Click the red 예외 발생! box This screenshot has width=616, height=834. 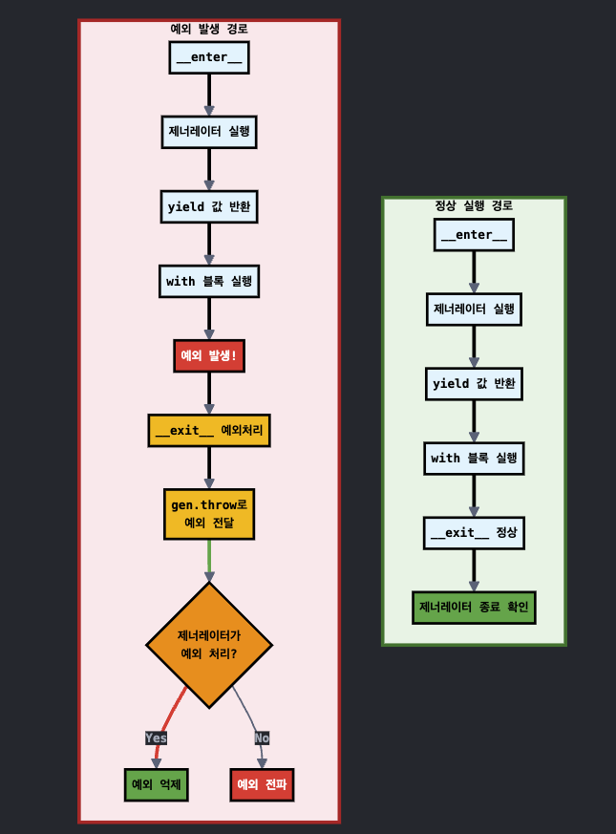click(x=208, y=355)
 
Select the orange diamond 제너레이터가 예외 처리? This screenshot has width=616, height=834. click(x=208, y=645)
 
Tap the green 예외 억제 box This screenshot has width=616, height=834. click(x=157, y=784)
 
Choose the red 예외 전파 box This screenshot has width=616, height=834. click(x=262, y=784)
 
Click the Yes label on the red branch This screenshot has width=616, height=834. click(x=156, y=738)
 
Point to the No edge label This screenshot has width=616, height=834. click(x=262, y=738)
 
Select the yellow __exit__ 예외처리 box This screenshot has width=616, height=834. click(x=208, y=430)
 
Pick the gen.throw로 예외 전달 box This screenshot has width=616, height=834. click(x=208, y=513)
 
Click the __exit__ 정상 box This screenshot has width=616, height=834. click(x=474, y=532)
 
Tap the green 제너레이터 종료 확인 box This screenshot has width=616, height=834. click(x=474, y=607)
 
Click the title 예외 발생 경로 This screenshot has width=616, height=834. click(x=208, y=29)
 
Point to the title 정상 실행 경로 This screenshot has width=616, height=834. click(x=474, y=205)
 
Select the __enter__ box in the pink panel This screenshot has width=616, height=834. click(x=208, y=57)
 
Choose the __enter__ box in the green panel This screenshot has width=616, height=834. click(x=474, y=235)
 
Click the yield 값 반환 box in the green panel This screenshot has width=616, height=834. click(x=474, y=383)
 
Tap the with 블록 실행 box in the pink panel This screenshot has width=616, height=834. click(x=208, y=281)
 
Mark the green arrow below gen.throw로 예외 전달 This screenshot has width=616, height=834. click(x=209, y=560)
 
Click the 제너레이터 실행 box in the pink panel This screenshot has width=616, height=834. click(x=208, y=131)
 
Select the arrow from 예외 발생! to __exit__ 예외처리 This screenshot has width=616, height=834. click(x=209, y=393)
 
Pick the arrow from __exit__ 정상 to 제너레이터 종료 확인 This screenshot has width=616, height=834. click(x=474, y=570)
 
